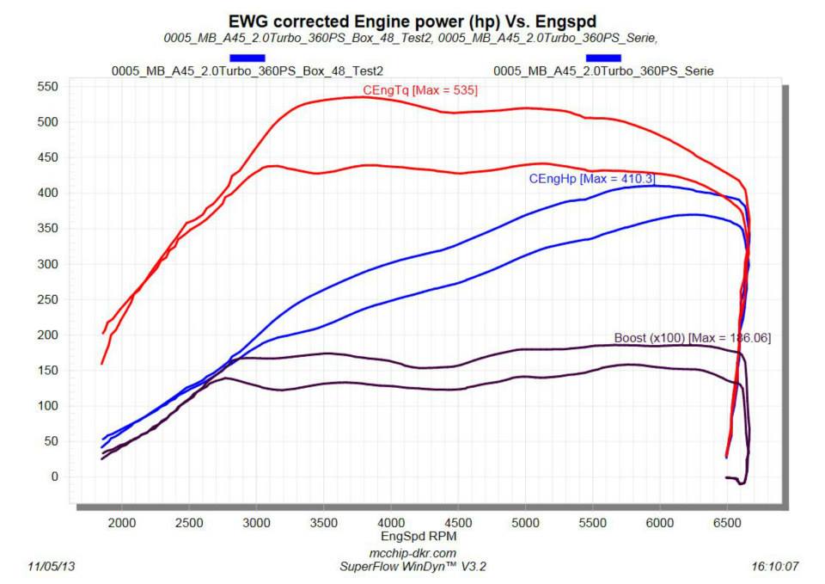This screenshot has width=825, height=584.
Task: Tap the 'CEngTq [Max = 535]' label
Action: point(420,89)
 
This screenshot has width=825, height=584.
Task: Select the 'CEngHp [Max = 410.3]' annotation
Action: point(591,179)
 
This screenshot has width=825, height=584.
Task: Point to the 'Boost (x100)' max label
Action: point(692,338)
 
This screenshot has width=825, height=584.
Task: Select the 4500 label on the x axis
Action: point(457,522)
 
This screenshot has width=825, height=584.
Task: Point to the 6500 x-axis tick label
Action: point(726,522)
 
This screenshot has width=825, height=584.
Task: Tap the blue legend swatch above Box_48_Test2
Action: point(247,58)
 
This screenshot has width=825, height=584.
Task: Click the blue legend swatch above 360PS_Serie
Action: point(603,58)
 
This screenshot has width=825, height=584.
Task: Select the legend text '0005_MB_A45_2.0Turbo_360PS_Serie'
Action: point(603,71)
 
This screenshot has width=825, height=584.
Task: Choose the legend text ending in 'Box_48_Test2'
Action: point(247,71)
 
